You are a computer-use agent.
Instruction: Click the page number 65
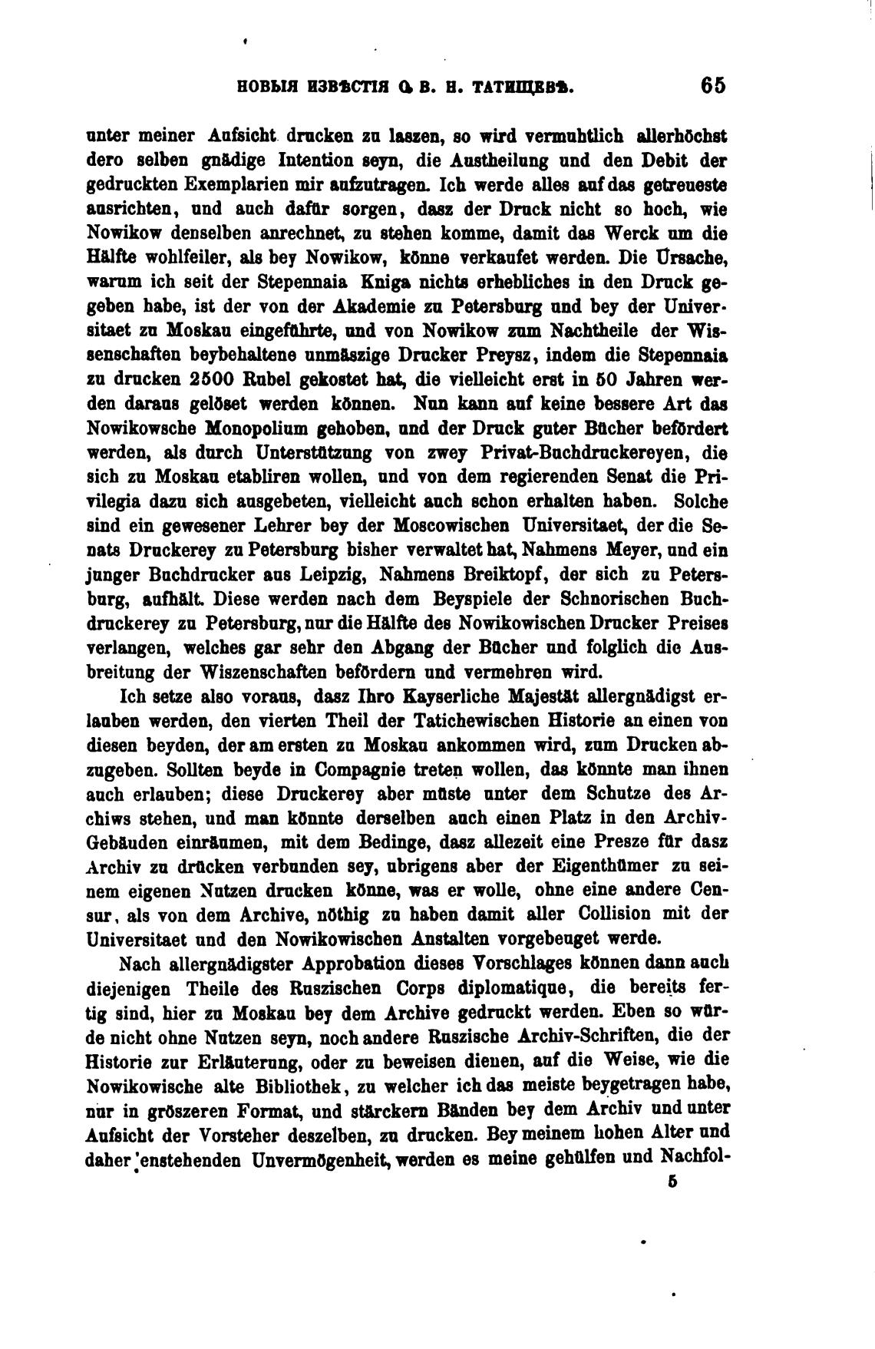click(712, 86)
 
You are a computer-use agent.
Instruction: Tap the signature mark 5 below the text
click(672, 1183)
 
